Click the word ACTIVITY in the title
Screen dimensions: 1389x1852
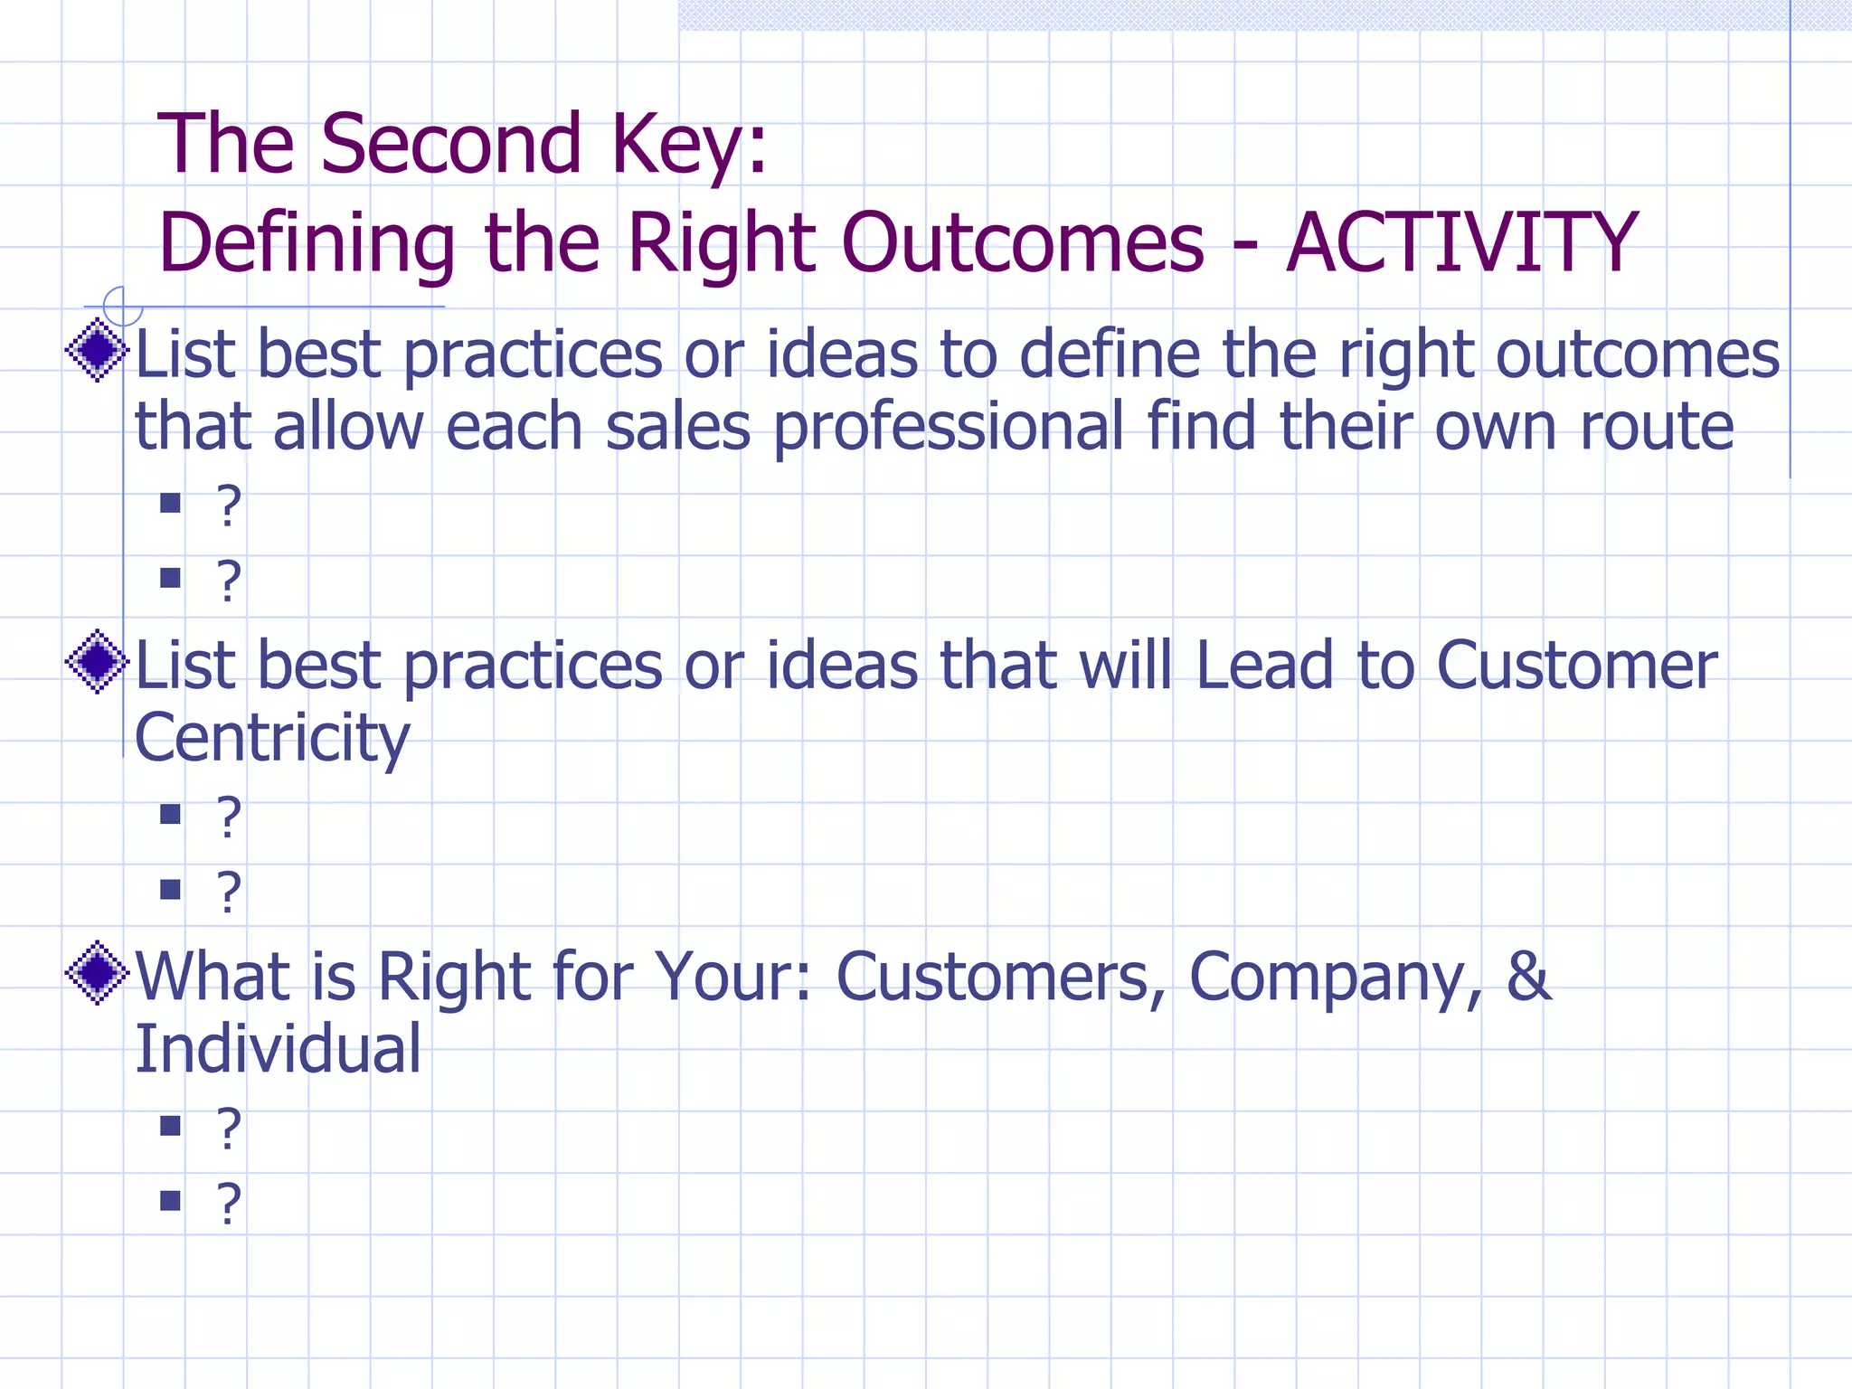click(1461, 242)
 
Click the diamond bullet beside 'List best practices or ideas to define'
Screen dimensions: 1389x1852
click(97, 350)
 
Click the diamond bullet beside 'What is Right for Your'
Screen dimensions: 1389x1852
click(97, 973)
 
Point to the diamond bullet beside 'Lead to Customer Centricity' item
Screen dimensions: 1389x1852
click(97, 662)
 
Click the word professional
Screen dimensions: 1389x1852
click(948, 428)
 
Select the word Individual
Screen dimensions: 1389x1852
click(278, 1049)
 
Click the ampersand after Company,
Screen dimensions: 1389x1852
click(1528, 977)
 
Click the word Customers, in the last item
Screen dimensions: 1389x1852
click(1000, 977)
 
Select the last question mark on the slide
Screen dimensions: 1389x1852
click(229, 1204)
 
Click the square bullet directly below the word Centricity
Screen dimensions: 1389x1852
click(170, 814)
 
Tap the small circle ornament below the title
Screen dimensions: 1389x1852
click(123, 306)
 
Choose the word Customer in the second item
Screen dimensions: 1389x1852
click(1576, 666)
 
